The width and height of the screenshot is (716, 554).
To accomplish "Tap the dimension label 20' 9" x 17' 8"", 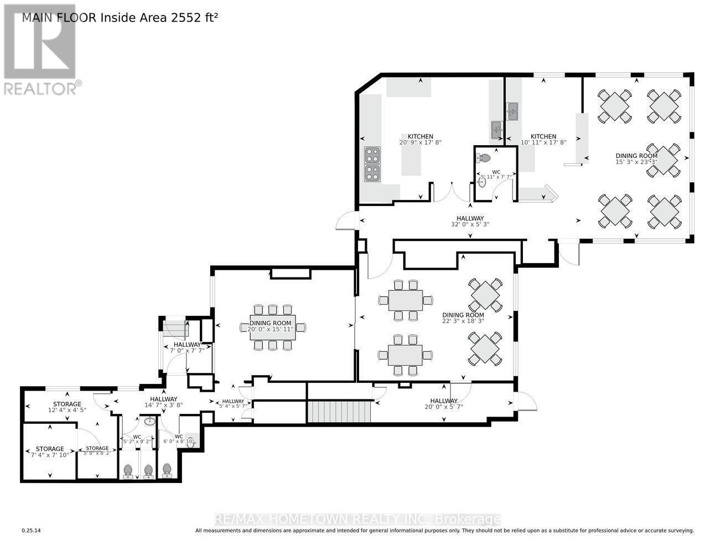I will pyautogui.click(x=420, y=142).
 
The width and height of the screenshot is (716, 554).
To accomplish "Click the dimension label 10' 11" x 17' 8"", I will pyautogui.click(x=543, y=142).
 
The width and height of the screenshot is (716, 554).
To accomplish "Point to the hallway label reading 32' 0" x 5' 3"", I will pyautogui.click(x=470, y=224).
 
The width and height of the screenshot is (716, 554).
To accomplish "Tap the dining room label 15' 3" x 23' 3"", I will pyautogui.click(x=636, y=162).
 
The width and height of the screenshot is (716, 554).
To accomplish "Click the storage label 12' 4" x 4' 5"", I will pyautogui.click(x=67, y=410).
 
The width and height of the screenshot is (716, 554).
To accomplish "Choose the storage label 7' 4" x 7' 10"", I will pyautogui.click(x=50, y=455).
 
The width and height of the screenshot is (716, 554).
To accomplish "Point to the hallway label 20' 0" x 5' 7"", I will pyautogui.click(x=444, y=407).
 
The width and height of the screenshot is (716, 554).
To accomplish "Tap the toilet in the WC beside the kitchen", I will pyautogui.click(x=485, y=158).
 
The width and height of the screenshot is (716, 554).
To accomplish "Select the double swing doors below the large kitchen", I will pyautogui.click(x=451, y=192).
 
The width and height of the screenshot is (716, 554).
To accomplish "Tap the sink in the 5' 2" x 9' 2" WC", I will pyautogui.click(x=149, y=422).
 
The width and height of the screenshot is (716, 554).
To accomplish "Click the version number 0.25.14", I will pyautogui.click(x=32, y=531).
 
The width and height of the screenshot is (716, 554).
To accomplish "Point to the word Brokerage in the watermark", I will pyautogui.click(x=469, y=520).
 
